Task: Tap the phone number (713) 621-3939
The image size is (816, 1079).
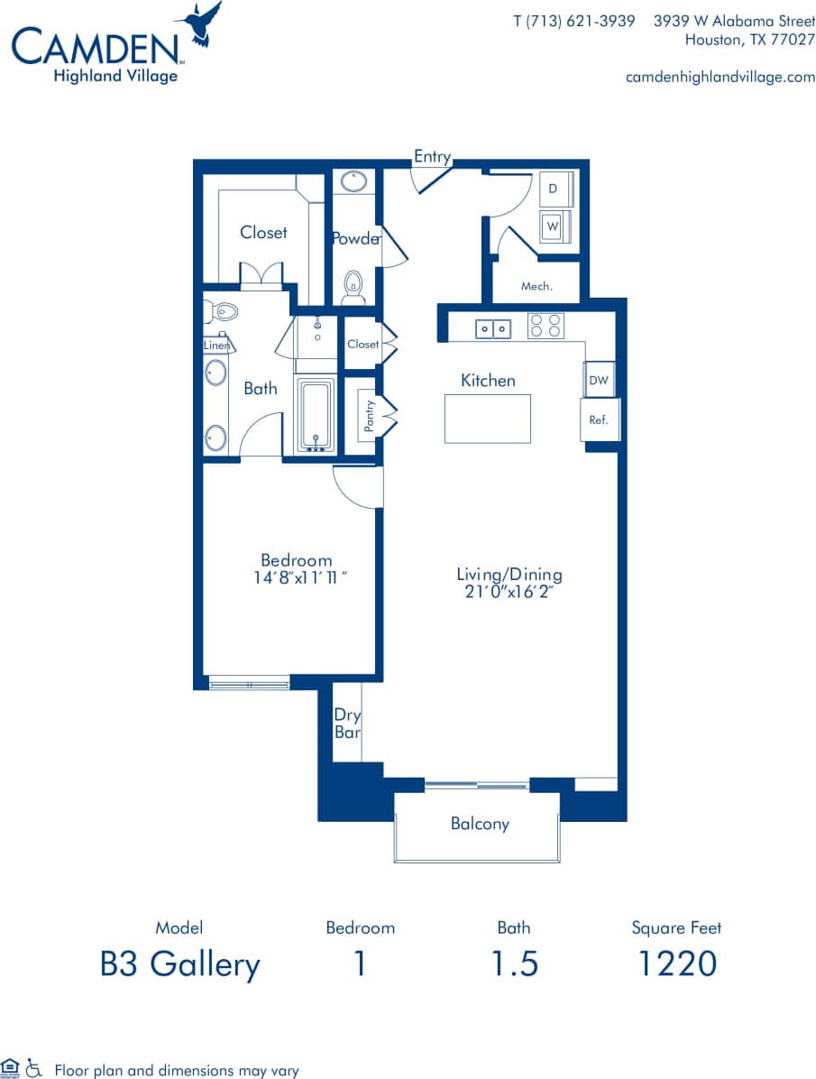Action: [x=574, y=21]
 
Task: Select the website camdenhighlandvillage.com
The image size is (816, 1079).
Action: [x=720, y=78]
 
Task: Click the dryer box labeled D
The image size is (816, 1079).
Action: [x=554, y=189]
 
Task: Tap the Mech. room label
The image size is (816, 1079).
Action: [x=536, y=286]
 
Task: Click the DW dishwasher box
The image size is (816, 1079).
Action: [x=599, y=381]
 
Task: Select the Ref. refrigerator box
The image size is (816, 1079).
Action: [x=599, y=420]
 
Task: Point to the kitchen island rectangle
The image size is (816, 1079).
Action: [x=487, y=419]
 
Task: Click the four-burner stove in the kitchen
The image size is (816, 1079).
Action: [x=545, y=325]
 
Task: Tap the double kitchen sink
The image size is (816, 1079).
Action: [x=493, y=329]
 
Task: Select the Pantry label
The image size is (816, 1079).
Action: [x=368, y=415]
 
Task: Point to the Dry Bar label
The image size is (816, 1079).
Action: [x=347, y=724]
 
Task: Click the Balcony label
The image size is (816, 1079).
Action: [x=480, y=824]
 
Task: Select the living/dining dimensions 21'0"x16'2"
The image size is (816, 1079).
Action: [x=509, y=593]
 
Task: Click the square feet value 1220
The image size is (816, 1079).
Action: [x=676, y=964]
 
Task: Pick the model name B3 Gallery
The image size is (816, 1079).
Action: [x=180, y=964]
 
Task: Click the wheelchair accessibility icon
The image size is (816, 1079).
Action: [x=33, y=1069]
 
